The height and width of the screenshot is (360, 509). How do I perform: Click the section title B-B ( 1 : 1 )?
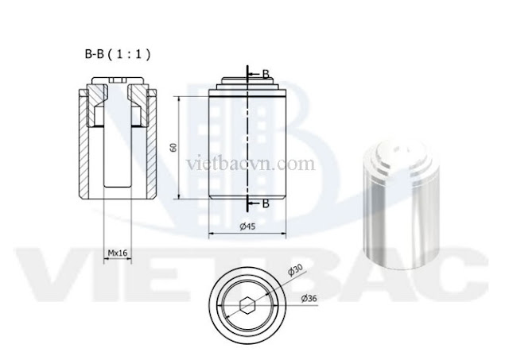117,55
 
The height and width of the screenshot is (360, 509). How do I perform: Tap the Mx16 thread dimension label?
118,253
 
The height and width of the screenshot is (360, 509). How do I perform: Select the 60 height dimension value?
173,148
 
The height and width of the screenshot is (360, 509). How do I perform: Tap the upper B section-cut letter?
265,74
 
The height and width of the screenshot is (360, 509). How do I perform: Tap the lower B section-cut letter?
265,204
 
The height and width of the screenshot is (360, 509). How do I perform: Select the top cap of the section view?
117,82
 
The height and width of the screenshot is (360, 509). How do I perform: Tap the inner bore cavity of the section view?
117,159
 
